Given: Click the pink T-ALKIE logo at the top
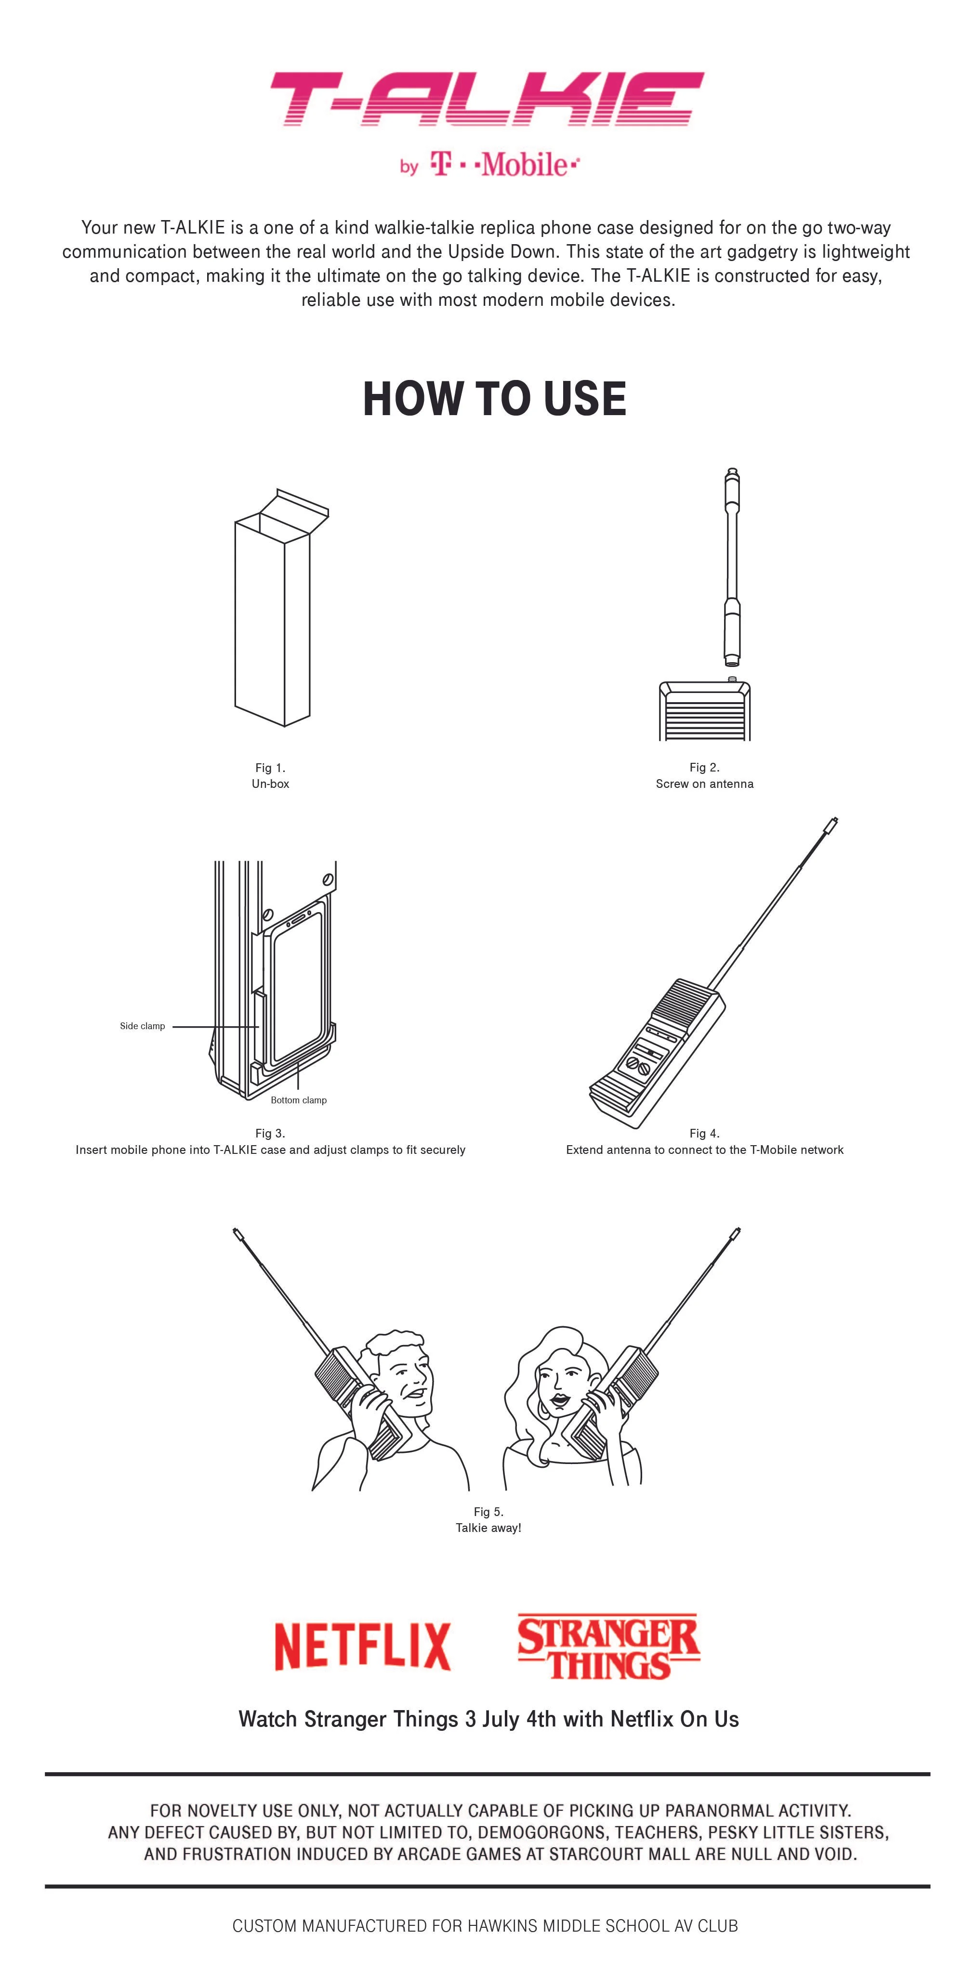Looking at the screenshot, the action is coord(487,100).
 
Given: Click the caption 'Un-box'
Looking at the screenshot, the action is coord(270,784).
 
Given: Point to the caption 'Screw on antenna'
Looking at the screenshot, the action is coord(704,784).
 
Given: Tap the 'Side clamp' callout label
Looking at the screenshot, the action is coord(142,1026).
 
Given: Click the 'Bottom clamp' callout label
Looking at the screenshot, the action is coord(299,1100).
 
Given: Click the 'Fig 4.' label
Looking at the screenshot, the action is coord(704,1133).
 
